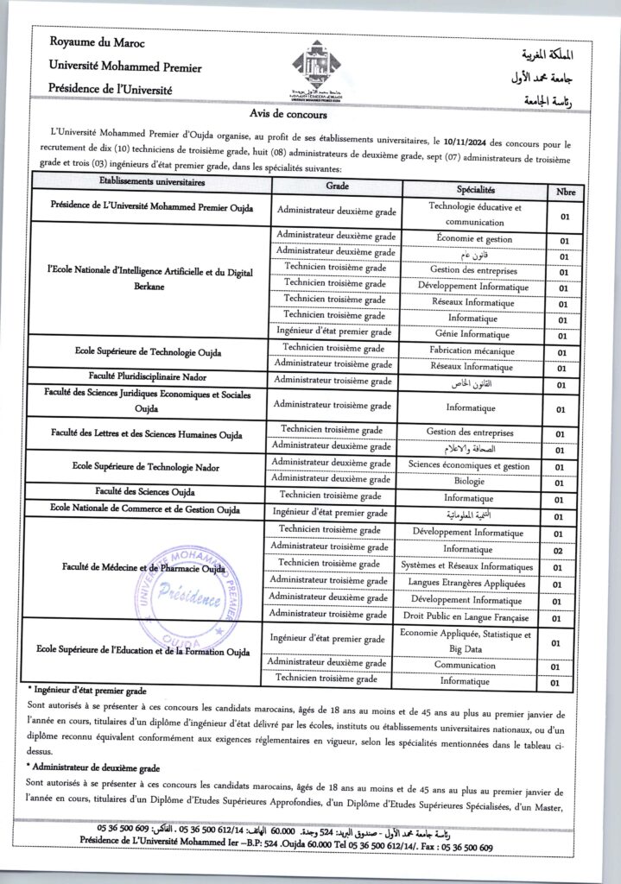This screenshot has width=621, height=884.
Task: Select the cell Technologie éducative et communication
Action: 474,214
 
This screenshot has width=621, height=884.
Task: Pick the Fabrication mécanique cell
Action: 472,351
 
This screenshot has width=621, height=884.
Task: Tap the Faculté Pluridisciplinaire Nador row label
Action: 152,377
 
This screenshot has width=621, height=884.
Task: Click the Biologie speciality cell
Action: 469,481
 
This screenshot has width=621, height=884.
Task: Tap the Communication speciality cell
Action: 471,666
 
